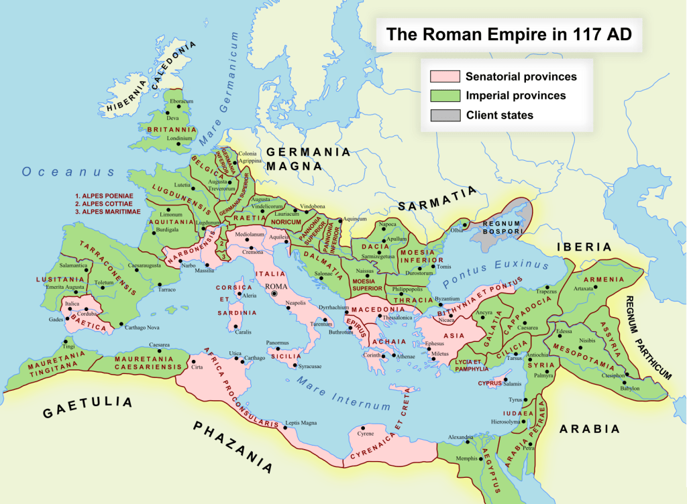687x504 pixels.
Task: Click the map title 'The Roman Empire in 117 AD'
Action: coord(507,35)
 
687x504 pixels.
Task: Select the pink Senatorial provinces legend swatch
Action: coord(445,76)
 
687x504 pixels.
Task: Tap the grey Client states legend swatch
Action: coord(445,115)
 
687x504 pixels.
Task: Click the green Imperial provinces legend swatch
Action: coord(445,96)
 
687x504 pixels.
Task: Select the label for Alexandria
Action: coord(460,438)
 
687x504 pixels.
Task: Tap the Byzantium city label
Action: coord(447,298)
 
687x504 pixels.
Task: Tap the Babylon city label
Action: coord(631,388)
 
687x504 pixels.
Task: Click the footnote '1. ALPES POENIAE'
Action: coord(104,196)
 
